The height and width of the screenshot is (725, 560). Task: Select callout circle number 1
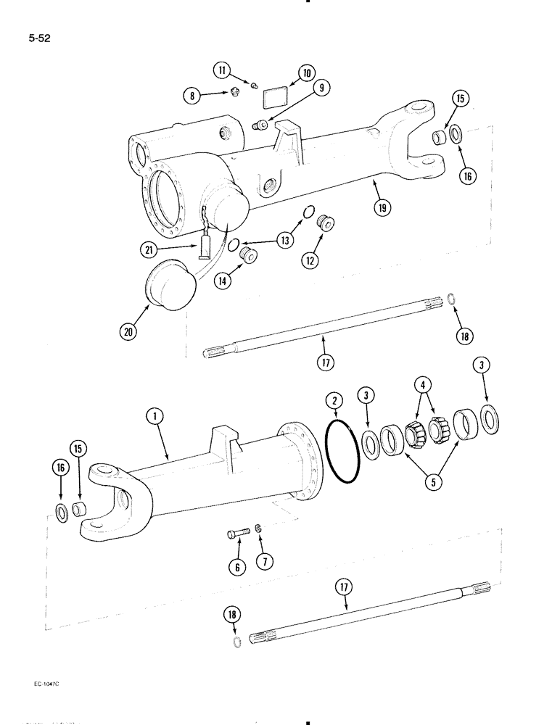[155, 416]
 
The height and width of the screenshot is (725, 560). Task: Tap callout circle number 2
[334, 400]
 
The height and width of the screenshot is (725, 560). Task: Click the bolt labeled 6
[239, 535]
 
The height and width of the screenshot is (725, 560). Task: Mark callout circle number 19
[382, 207]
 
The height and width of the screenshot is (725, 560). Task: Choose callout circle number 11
[222, 70]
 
